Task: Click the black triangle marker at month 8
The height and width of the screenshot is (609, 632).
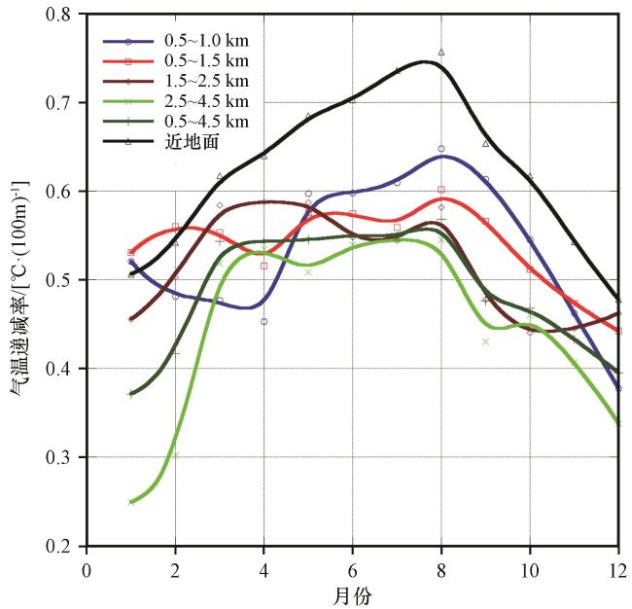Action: pyautogui.click(x=441, y=52)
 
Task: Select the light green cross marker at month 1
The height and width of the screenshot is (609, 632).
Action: pyautogui.click(x=130, y=502)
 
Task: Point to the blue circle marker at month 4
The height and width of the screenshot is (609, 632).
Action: pyautogui.click(x=263, y=321)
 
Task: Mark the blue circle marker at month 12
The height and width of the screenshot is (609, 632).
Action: pyautogui.click(x=618, y=388)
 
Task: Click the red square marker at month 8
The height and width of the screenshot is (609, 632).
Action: pyautogui.click(x=441, y=190)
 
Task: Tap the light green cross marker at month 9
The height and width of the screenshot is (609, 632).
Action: pyautogui.click(x=485, y=341)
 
